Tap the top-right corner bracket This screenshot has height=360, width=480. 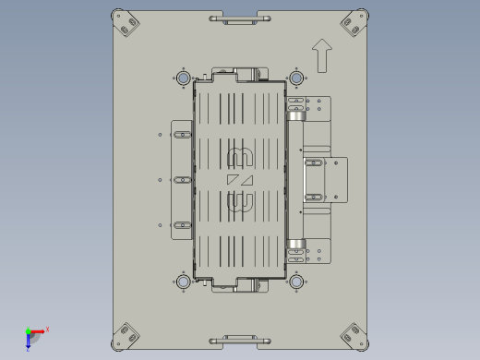pos(354,23)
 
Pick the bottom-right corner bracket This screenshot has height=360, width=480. pos(354,336)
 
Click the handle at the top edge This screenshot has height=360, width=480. pos(239,18)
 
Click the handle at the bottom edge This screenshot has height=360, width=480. pos(239,341)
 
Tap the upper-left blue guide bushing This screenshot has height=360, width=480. pos(183,78)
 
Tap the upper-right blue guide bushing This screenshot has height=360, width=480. pos(296,78)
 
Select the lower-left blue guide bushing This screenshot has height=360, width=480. pos(183,281)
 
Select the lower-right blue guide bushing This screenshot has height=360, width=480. pos(296,281)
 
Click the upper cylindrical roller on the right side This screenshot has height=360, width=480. pos(295,115)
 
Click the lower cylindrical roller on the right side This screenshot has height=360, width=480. pos(295,245)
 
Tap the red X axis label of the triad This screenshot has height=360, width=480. pos(47,329)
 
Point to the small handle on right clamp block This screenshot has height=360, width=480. pos(314,179)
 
